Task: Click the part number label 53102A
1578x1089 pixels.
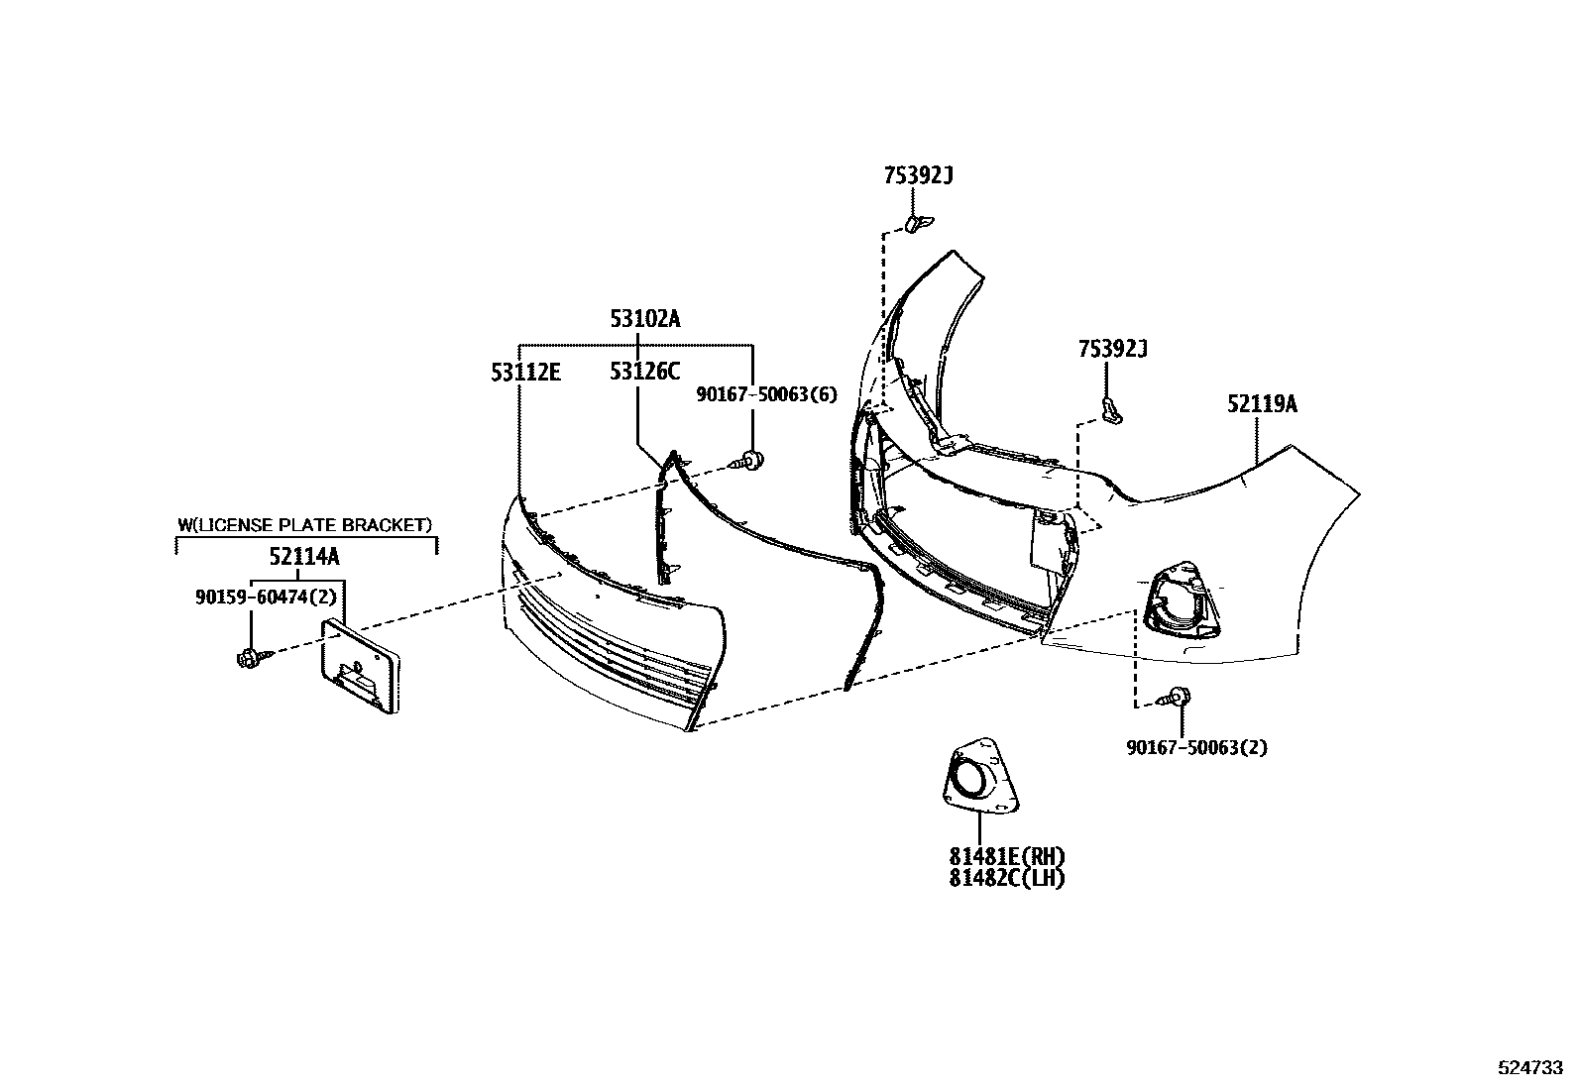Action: (x=645, y=319)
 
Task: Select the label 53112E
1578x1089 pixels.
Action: (x=526, y=372)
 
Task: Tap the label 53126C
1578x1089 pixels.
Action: (x=645, y=372)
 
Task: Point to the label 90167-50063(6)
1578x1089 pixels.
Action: (x=767, y=394)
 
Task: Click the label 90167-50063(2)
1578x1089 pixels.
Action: (x=1197, y=747)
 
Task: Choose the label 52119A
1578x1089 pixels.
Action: (x=1263, y=404)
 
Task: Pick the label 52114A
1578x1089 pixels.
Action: (x=304, y=557)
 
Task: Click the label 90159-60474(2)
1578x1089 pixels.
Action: (x=267, y=598)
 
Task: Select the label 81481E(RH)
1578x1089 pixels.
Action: (x=1007, y=856)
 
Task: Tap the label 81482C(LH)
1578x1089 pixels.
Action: (x=1007, y=878)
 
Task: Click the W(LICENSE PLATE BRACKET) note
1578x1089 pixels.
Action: (x=305, y=525)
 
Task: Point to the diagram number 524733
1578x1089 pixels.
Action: (x=1530, y=1067)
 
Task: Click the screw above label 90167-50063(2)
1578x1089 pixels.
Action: (x=1175, y=697)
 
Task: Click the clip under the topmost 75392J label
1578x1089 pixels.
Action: (x=917, y=224)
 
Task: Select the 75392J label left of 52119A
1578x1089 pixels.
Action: (x=1113, y=350)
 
